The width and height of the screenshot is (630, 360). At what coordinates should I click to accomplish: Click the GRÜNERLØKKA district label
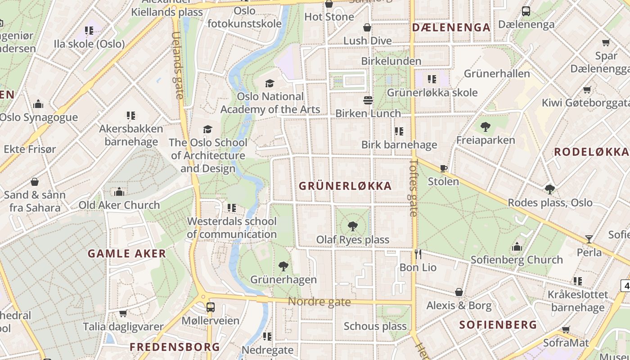pyautogui.click(x=345, y=186)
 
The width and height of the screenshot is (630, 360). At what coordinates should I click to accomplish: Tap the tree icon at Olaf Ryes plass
pyautogui.click(x=353, y=226)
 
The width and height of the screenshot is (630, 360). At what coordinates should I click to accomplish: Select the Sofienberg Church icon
pyautogui.click(x=517, y=247)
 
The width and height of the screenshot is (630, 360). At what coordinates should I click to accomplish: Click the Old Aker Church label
pyautogui.click(x=119, y=205)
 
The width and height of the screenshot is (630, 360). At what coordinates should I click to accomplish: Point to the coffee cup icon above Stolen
pyautogui.click(x=443, y=169)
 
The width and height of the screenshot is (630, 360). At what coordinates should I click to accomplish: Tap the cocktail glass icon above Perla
pyautogui.click(x=589, y=239)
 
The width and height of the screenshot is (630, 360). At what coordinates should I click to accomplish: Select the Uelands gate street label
pyautogui.click(x=178, y=65)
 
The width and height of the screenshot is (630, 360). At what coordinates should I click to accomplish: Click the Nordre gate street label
pyautogui.click(x=319, y=301)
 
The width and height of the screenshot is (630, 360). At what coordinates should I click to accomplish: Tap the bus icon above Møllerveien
pyautogui.click(x=210, y=307)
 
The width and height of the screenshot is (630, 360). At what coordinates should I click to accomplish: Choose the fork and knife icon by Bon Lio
pyautogui.click(x=418, y=254)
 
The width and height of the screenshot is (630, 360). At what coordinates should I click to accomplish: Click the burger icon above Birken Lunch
pyautogui.click(x=368, y=100)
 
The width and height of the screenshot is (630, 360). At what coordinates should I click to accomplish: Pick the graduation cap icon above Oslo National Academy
pyautogui.click(x=270, y=83)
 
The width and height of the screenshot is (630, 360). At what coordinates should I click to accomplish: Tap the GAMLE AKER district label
pyautogui.click(x=127, y=254)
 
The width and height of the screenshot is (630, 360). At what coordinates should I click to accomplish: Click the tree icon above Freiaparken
pyautogui.click(x=485, y=127)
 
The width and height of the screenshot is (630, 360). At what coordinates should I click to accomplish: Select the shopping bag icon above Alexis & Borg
pyautogui.click(x=459, y=292)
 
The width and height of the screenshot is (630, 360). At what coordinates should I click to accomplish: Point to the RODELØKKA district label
pyautogui.click(x=591, y=152)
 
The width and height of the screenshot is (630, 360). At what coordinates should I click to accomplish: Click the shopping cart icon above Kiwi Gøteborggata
pyautogui.click(x=587, y=90)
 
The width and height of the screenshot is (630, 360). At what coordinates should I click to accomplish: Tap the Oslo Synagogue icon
pyautogui.click(x=38, y=104)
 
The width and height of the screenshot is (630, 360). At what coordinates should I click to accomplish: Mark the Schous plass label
pyautogui.click(x=375, y=326)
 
